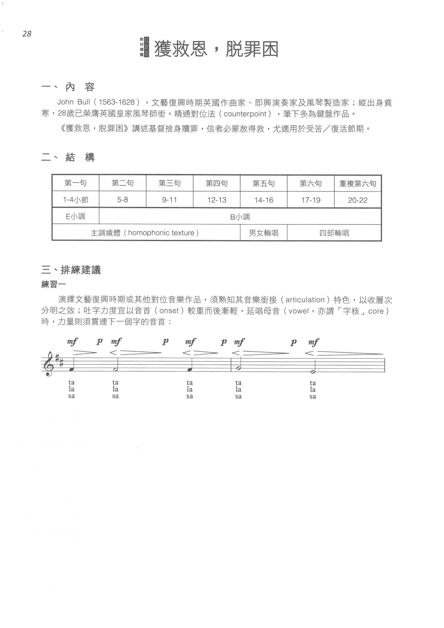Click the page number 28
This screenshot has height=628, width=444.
click(x=27, y=34)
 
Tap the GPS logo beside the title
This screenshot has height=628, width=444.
click(x=144, y=47)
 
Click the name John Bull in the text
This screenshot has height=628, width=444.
click(x=73, y=102)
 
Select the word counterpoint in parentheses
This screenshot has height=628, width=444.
click(x=245, y=114)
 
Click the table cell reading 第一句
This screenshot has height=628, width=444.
click(x=76, y=183)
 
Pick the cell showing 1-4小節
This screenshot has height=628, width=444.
click(x=76, y=200)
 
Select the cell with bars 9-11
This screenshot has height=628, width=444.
click(x=169, y=200)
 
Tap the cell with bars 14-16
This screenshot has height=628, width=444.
click(x=263, y=200)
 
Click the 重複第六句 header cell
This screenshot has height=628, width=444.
click(x=358, y=183)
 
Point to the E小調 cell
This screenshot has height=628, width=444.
click(x=76, y=217)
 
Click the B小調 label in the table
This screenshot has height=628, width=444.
click(x=240, y=217)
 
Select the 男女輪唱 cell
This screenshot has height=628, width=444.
click(x=263, y=233)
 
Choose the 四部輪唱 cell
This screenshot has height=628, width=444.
click(x=334, y=233)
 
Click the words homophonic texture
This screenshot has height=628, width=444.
click(x=161, y=233)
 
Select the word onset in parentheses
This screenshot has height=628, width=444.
click(x=169, y=311)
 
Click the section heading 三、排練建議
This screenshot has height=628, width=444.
click(x=71, y=270)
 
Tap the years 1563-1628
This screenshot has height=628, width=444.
click(x=117, y=102)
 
